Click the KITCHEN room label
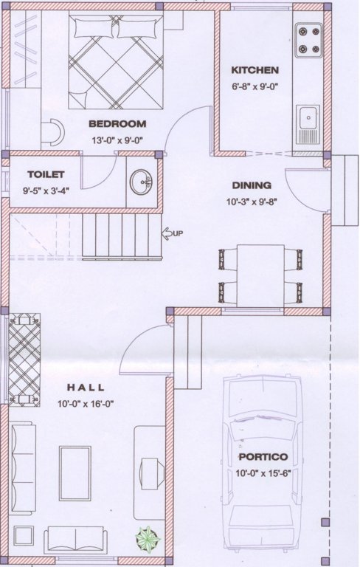[x=255, y=71]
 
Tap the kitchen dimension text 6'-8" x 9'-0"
[x=255, y=85]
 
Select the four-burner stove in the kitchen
[x=309, y=40]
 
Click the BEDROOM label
[x=117, y=124]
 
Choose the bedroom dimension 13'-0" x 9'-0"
[x=117, y=138]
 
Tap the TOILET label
[x=46, y=175]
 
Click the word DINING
[x=252, y=185]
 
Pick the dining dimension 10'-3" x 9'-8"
[x=252, y=200]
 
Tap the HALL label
[x=86, y=388]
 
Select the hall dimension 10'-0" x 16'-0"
[x=86, y=403]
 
